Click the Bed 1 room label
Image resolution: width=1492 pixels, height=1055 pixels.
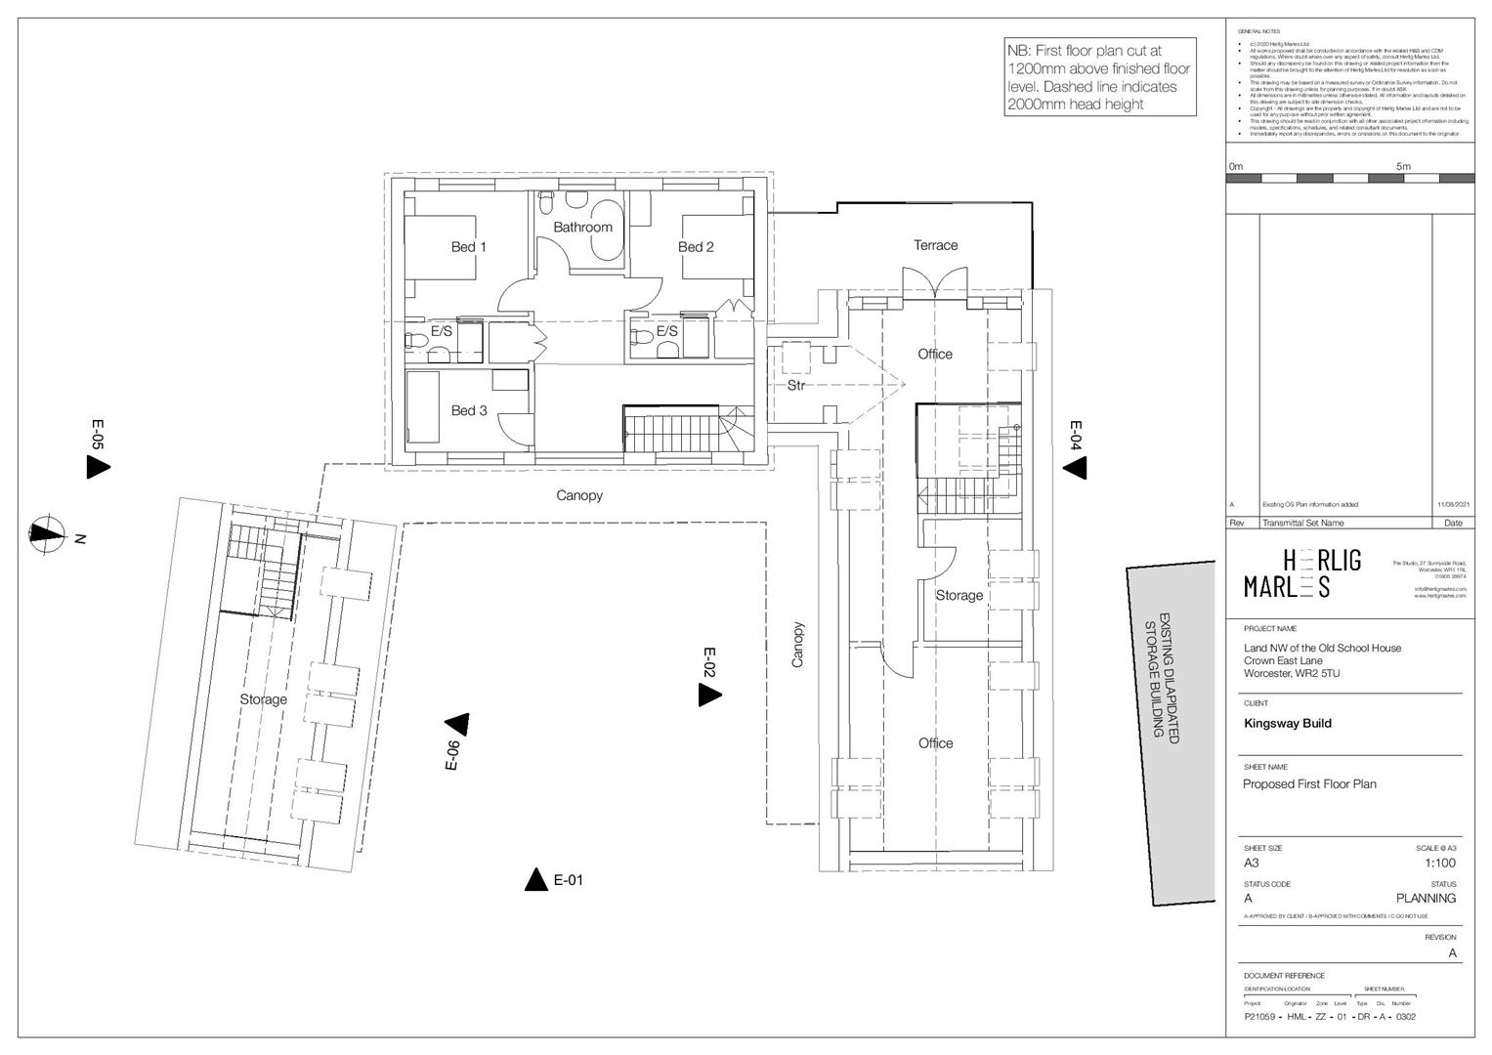[468, 247]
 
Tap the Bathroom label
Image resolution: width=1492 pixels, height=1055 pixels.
[582, 228]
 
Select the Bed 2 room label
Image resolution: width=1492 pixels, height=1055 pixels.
[696, 247]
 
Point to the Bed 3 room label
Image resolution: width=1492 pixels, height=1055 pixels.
[468, 410]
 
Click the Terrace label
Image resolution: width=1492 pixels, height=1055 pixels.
[935, 245]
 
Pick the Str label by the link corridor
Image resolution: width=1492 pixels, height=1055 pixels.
[796, 386]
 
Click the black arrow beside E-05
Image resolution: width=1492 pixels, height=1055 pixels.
[98, 467]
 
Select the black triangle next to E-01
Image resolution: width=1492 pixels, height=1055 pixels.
[535, 880]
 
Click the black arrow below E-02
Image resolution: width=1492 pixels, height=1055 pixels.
[709, 696]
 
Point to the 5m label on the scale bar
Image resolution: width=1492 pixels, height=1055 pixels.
[1403, 166]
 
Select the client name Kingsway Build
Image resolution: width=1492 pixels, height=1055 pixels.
[1287, 724]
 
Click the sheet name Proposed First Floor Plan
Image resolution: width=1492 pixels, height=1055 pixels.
[1309, 784]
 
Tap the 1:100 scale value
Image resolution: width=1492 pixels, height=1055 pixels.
[1440, 863]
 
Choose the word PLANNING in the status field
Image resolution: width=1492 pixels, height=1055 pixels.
[1426, 899]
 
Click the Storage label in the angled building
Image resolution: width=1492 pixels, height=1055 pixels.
[264, 699]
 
